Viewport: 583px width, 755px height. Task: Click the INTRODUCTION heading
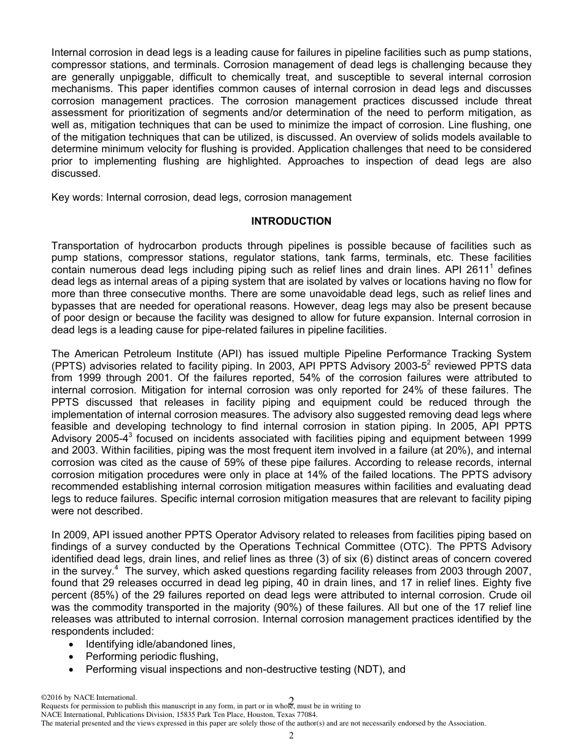click(291, 222)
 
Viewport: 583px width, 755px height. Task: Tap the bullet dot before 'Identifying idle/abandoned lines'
click(73, 645)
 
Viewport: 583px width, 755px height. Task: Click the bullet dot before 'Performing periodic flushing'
click(73, 657)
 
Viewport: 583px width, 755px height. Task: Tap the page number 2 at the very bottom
click(291, 735)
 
